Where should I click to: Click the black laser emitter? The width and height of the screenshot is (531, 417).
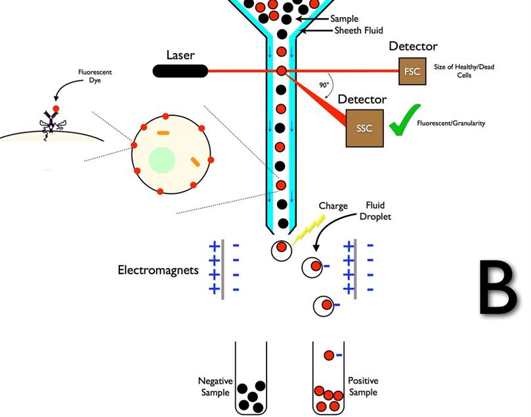(x=180, y=71)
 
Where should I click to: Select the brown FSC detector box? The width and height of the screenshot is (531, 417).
(x=412, y=71)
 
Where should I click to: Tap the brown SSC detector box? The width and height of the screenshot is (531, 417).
(x=364, y=128)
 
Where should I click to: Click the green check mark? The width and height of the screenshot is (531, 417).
(x=404, y=120)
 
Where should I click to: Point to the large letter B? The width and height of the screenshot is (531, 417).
(x=498, y=287)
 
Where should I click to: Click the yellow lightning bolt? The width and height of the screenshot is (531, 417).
(x=308, y=231)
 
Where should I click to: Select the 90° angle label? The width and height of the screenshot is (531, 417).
(x=324, y=85)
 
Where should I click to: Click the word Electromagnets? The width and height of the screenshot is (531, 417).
(x=158, y=270)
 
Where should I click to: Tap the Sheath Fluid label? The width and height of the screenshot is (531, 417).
(x=358, y=30)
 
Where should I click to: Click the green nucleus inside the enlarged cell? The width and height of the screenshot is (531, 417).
(x=162, y=160)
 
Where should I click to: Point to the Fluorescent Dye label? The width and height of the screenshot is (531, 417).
(x=95, y=76)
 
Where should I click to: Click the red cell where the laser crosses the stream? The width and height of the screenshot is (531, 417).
(x=282, y=71)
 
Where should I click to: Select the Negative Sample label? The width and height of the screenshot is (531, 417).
(x=215, y=387)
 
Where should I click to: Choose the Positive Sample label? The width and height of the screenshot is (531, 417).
(x=363, y=386)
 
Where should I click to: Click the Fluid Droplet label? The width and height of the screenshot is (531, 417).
(x=375, y=210)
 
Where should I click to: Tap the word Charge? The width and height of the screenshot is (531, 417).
(x=333, y=206)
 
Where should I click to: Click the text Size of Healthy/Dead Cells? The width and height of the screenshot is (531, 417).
(x=464, y=71)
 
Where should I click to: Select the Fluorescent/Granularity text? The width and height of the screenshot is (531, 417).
(x=451, y=123)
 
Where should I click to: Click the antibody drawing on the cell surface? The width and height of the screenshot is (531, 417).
(x=51, y=123)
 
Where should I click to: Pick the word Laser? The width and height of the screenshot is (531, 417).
(x=181, y=55)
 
